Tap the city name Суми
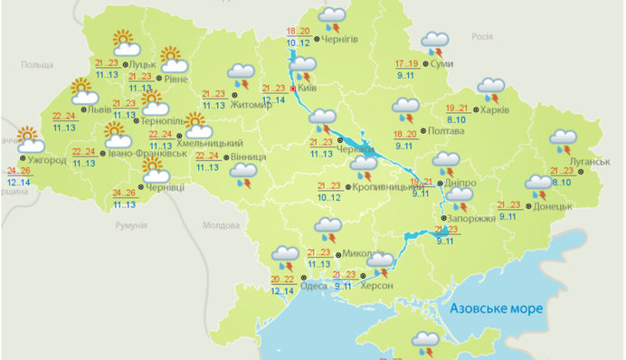pos(442,65)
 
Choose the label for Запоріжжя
pos(471,220)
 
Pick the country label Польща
pos(38,65)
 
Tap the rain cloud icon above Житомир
pos(242,74)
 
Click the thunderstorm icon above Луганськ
pos(565,142)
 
